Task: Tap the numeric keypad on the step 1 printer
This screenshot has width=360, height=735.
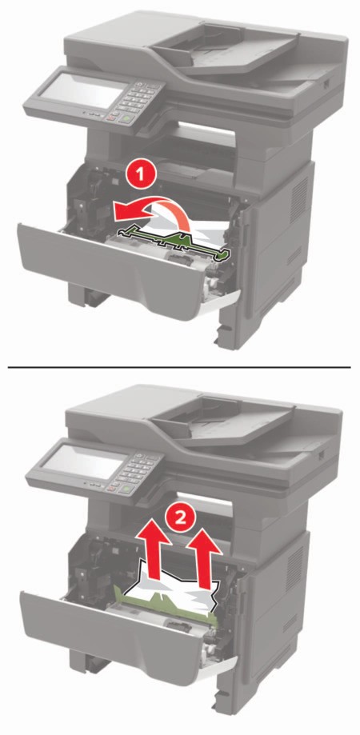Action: [x=136, y=99]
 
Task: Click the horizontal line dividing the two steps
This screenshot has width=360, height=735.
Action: [x=180, y=367]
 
